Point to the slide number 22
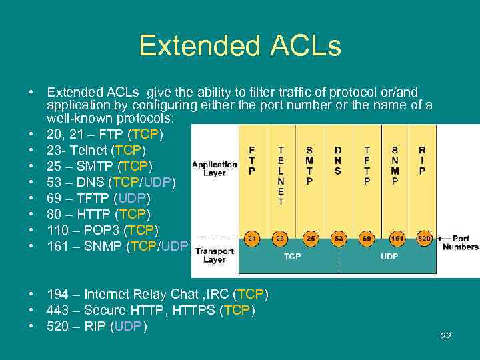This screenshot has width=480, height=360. coord(445,336)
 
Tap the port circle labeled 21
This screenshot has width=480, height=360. coord(252,238)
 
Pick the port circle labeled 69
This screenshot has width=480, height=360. coord(367,238)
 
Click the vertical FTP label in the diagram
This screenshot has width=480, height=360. coord(251,161)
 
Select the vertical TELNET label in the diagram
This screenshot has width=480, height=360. coord(281,175)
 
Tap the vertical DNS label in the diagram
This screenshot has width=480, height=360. coord(338,161)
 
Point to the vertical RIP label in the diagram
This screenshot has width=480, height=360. coord(422,161)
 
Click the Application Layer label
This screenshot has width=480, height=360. coord(214,168)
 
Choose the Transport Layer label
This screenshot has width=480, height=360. coord(214,255)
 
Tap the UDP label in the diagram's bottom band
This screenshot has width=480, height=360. coord(389,255)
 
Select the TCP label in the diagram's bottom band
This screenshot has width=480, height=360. coord(291,255)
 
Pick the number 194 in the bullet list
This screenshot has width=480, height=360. coord(57,294)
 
